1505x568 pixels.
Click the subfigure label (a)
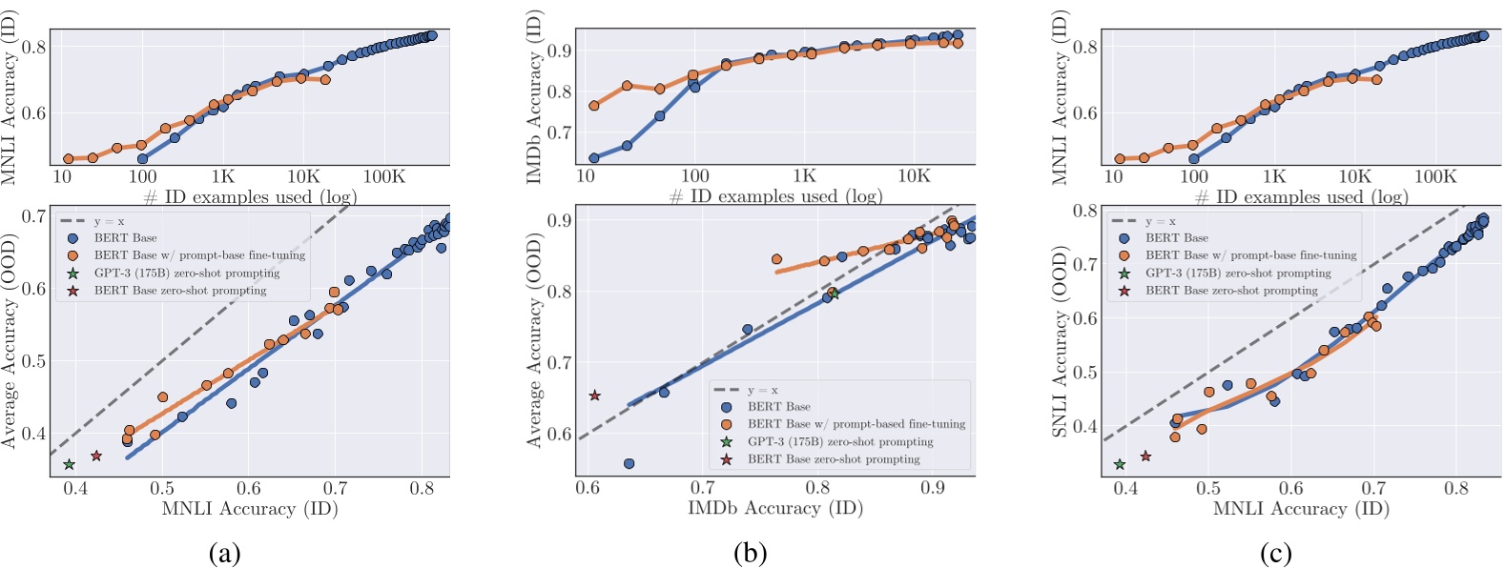224,553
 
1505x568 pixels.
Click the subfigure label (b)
750,553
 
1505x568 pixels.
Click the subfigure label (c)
1275,553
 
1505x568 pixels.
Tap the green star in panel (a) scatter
69,464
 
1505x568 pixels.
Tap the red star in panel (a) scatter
96,456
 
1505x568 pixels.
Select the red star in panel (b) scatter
595,395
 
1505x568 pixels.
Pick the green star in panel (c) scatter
1120,464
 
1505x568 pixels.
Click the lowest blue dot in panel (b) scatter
629,463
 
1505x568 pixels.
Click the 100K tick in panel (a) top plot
384,176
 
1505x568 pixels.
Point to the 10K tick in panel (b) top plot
914,176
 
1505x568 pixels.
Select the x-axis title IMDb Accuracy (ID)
775,508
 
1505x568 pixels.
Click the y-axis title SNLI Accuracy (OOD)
1060,341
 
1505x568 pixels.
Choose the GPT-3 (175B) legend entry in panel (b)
839,441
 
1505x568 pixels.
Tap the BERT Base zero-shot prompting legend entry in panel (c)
1230,290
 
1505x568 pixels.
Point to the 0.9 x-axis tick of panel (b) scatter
933,488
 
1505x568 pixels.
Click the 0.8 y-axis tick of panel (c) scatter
1085,210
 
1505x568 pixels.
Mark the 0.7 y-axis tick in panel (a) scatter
34,216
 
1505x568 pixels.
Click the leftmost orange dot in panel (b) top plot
594,106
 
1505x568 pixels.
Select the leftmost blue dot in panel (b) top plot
594,158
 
